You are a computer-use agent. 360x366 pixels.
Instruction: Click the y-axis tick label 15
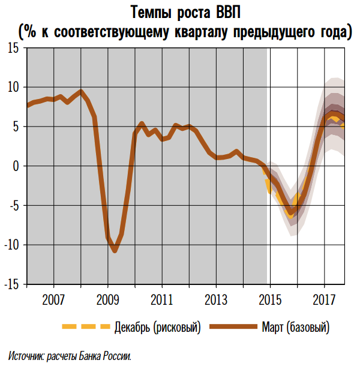[13, 48]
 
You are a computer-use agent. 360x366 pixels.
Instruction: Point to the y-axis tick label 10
[13, 88]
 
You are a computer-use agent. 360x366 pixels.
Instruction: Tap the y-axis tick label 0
[16, 166]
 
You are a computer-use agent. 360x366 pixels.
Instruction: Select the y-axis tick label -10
[11, 245]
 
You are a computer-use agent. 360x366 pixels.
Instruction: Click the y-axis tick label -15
[11, 284]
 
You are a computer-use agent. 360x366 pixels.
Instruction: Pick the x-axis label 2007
[53, 299]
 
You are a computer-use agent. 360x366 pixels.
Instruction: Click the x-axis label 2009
[108, 299]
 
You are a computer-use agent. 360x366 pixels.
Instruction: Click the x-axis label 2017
[325, 299]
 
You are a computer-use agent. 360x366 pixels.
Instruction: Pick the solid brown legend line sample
[235, 327]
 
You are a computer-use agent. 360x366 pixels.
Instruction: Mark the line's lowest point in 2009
[115, 251]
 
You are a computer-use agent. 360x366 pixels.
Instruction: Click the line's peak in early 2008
[81, 92]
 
